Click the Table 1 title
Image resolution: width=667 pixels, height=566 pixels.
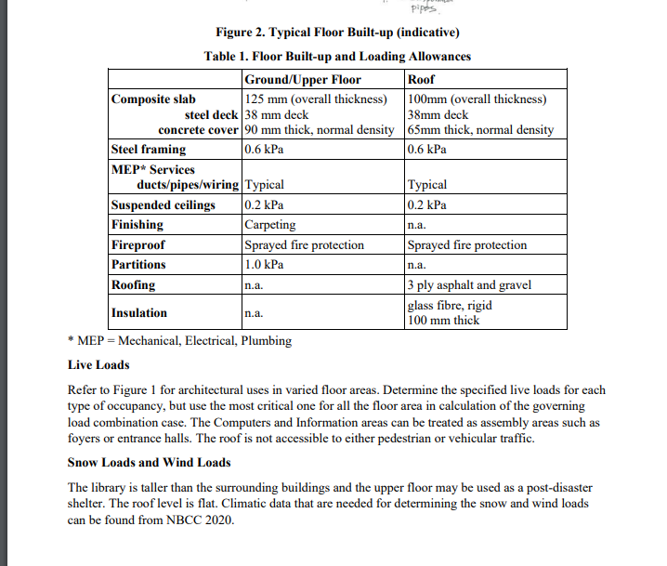tap(336, 57)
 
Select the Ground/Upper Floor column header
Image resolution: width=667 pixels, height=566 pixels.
tap(302, 80)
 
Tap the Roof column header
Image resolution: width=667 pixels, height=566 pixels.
tap(423, 80)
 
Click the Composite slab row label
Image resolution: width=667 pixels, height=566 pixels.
tap(153, 99)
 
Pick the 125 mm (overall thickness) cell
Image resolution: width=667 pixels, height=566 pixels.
tap(315, 99)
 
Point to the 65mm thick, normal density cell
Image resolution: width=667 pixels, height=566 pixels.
tap(480, 130)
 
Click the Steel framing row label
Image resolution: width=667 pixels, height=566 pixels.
tap(149, 149)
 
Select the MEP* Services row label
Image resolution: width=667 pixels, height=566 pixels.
tap(153, 169)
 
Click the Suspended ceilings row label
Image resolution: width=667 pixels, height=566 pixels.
tap(163, 205)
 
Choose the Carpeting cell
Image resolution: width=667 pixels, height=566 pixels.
tap(269, 225)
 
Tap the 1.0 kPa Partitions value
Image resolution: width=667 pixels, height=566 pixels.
tap(264, 265)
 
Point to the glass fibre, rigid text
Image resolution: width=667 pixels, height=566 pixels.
tap(450, 305)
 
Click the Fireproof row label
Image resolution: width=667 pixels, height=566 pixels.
tap(138, 245)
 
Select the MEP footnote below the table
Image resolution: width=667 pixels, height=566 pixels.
tap(179, 341)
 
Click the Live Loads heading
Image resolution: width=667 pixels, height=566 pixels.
tap(98, 364)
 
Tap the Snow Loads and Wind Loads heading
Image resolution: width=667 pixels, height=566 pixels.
tap(149, 462)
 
